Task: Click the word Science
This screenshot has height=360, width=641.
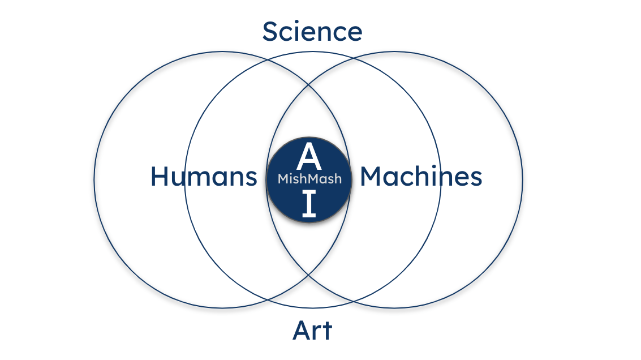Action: [312, 32]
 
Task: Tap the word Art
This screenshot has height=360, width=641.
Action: [312, 331]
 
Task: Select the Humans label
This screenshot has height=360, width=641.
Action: [204, 177]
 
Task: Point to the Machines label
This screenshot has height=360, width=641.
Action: [421, 177]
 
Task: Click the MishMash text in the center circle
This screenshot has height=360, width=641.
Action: [309, 179]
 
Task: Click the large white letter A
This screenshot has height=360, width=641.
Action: [309, 157]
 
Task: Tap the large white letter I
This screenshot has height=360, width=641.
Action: [309, 205]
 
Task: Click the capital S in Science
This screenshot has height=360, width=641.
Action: [270, 32]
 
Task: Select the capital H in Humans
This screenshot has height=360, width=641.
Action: [160, 177]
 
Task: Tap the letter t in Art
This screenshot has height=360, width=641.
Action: [327, 331]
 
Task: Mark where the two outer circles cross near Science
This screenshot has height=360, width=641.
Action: [309, 87]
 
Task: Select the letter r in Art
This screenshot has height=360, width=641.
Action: [317, 333]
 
